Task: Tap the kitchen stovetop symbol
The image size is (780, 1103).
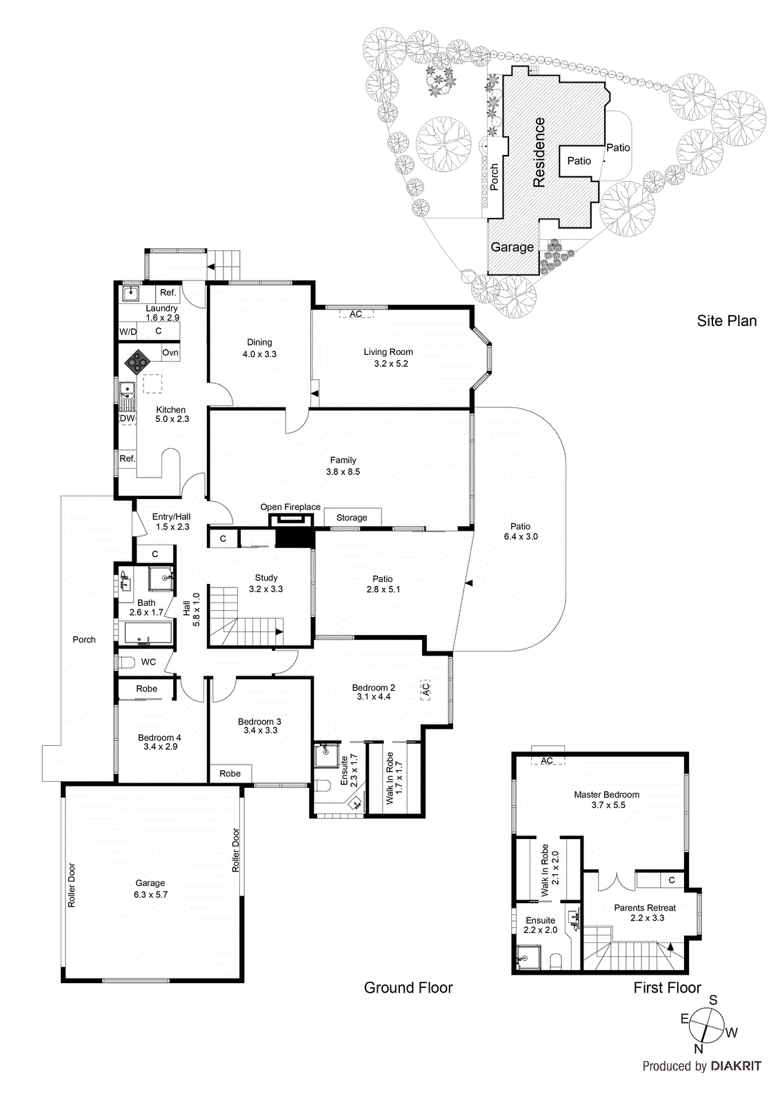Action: coord(137,360)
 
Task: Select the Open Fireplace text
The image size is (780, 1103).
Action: coord(290,507)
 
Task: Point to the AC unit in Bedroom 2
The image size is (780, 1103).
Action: coord(426,689)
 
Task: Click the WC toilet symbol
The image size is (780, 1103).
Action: coord(126,662)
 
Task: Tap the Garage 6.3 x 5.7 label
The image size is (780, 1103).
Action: coord(150,889)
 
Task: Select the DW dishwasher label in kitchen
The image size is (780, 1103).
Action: coord(127,418)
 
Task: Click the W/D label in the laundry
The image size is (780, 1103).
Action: coord(128,332)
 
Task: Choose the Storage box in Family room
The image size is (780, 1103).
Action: coord(352,518)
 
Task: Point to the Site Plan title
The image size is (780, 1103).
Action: coord(726,321)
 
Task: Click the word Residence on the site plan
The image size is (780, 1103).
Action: coord(539,152)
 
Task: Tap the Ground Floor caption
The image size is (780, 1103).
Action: coord(408,988)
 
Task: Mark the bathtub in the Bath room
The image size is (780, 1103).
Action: coord(147,632)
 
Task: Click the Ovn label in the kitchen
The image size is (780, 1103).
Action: coord(170,352)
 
